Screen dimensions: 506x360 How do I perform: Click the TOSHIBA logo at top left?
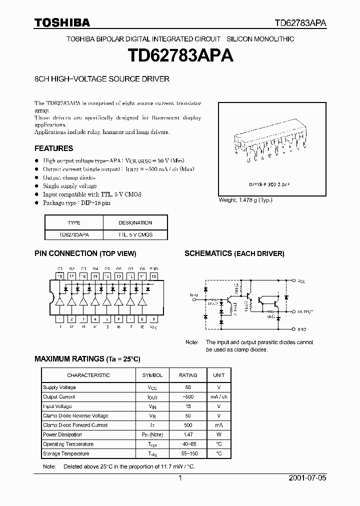coord(62,22)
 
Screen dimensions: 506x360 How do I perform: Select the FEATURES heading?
coord(53,148)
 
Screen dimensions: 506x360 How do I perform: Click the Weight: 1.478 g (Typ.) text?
coord(245,200)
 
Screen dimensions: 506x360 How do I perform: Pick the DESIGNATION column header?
coord(135,223)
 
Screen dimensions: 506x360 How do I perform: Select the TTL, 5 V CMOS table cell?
coord(135,234)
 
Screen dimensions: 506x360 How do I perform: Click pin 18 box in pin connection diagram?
coord(59,276)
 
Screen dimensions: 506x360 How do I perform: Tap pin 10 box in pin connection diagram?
coord(153,276)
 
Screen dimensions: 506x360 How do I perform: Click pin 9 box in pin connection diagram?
coord(153,318)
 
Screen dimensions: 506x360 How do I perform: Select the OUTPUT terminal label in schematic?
coord(305,311)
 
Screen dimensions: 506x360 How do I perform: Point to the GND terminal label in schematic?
coord(301,330)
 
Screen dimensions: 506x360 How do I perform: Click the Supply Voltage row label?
coord(59,387)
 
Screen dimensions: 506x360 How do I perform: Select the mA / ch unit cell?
coord(219,397)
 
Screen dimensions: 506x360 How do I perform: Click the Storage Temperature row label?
coord(66,454)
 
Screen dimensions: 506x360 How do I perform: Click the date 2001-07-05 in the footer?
coord(307,478)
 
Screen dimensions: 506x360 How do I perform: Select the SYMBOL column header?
coord(152,375)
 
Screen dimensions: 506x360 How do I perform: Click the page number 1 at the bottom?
coord(180,478)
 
